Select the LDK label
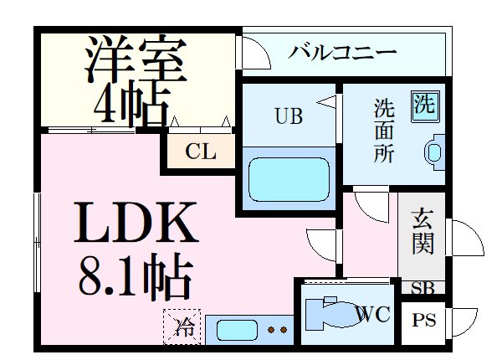tap(139, 221)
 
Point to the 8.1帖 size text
tap(136, 275)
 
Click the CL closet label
tap(201, 152)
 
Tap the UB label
tap(286, 117)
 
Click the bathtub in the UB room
tap(288, 177)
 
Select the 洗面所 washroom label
tap(384, 131)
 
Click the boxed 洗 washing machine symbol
tap(424, 105)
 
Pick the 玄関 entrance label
tap(422, 234)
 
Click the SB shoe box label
tap(422, 287)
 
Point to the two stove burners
tap(278, 330)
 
